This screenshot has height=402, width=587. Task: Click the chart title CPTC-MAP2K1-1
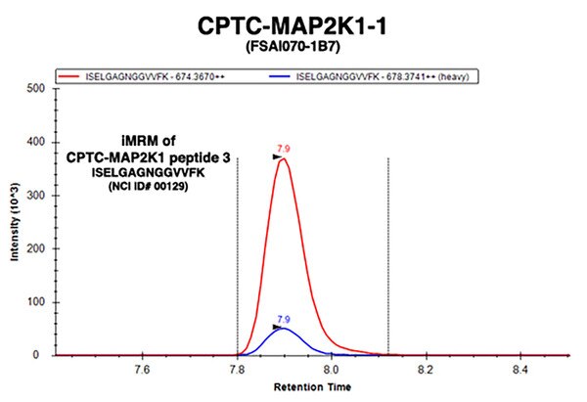click(x=293, y=23)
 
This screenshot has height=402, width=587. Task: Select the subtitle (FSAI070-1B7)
click(x=293, y=46)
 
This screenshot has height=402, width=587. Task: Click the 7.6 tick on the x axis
click(x=142, y=370)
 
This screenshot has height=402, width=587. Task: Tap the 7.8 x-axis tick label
click(x=237, y=370)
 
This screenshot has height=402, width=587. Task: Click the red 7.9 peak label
click(x=284, y=149)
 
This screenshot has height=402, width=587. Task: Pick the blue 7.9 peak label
click(x=284, y=319)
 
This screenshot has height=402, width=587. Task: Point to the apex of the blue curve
click(x=284, y=329)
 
